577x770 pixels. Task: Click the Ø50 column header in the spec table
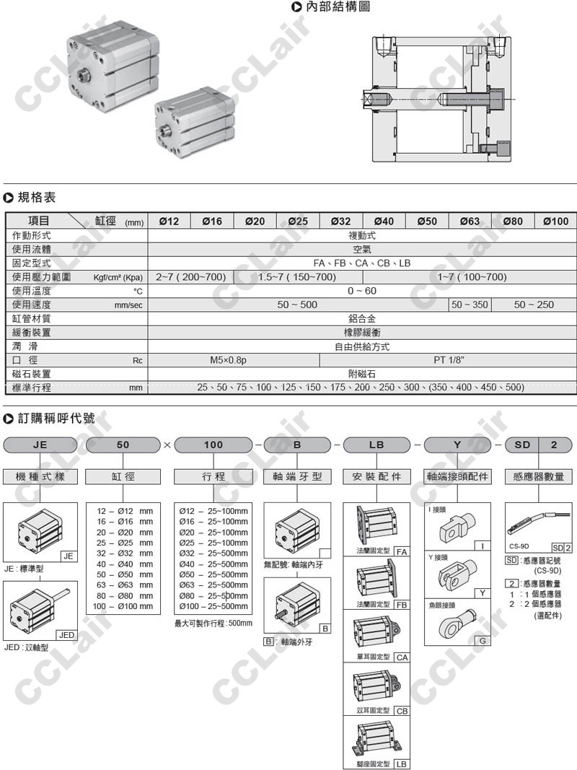tap(427, 221)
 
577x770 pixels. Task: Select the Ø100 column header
tap(555, 221)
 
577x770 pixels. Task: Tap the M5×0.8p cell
tap(224, 359)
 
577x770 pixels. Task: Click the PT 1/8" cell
tap(449, 359)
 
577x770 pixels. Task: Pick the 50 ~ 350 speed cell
tap(470, 305)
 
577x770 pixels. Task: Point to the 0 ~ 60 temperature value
tap(362, 291)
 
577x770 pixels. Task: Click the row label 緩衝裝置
tap(32, 333)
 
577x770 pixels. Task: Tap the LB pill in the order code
tap(376, 445)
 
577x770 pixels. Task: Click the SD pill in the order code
tap(522, 445)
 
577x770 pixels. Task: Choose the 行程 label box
tap(213, 476)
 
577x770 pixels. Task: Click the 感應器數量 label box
tap(538, 476)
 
